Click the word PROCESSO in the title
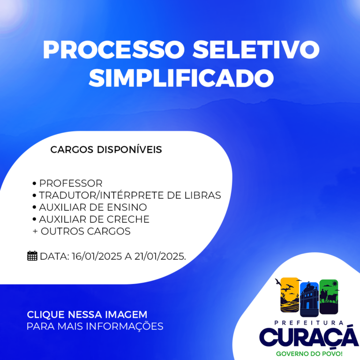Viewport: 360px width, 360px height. tap(113, 50)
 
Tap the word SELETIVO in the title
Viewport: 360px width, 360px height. tap(256, 50)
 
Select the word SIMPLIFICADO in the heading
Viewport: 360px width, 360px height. tap(181, 78)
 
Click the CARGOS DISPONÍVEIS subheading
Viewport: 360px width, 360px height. tap(106, 150)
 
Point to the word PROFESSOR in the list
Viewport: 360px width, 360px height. tap(71, 183)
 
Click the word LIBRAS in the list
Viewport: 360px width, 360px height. tap(202, 195)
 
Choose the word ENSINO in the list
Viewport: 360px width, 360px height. tap(127, 207)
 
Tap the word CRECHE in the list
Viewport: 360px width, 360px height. tap(128, 219)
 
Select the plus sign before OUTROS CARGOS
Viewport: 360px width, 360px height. tap(35, 231)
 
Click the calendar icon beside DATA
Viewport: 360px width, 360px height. tap(32, 256)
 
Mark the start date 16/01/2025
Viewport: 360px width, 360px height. tap(97, 256)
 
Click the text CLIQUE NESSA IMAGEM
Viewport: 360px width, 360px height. tap(87, 315)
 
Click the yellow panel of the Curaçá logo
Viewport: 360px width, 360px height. tap(290, 295)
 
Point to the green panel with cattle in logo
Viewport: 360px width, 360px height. tap(329, 297)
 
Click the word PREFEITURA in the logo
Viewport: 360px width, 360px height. tap(309, 323)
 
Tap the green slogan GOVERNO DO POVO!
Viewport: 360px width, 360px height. tap(309, 353)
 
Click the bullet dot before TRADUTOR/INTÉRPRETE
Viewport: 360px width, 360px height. tap(34, 195)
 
